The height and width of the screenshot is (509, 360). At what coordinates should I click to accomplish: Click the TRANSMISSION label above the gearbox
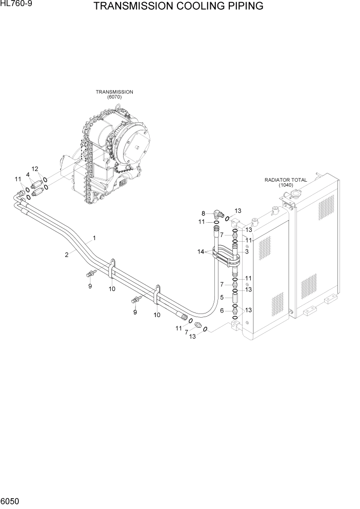tap(114, 92)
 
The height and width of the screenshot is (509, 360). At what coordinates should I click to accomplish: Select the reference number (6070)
tap(114, 97)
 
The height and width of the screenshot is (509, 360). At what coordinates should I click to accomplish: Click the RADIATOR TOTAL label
tap(285, 180)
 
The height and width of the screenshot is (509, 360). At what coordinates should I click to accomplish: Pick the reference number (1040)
tap(286, 185)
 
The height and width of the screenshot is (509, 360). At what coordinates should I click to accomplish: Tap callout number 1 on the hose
tap(94, 238)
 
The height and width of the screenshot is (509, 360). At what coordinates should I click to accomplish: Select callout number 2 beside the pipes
tap(67, 254)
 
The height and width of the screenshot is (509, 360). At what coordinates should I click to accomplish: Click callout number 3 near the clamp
tap(247, 252)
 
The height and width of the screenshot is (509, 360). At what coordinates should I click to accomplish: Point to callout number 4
tap(28, 175)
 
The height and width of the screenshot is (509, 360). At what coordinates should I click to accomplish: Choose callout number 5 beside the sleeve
tap(222, 297)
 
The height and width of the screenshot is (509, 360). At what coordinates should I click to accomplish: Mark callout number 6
tap(222, 310)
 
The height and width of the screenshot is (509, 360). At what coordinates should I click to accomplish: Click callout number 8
tap(203, 213)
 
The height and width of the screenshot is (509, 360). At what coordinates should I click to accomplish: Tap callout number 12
tap(35, 169)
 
